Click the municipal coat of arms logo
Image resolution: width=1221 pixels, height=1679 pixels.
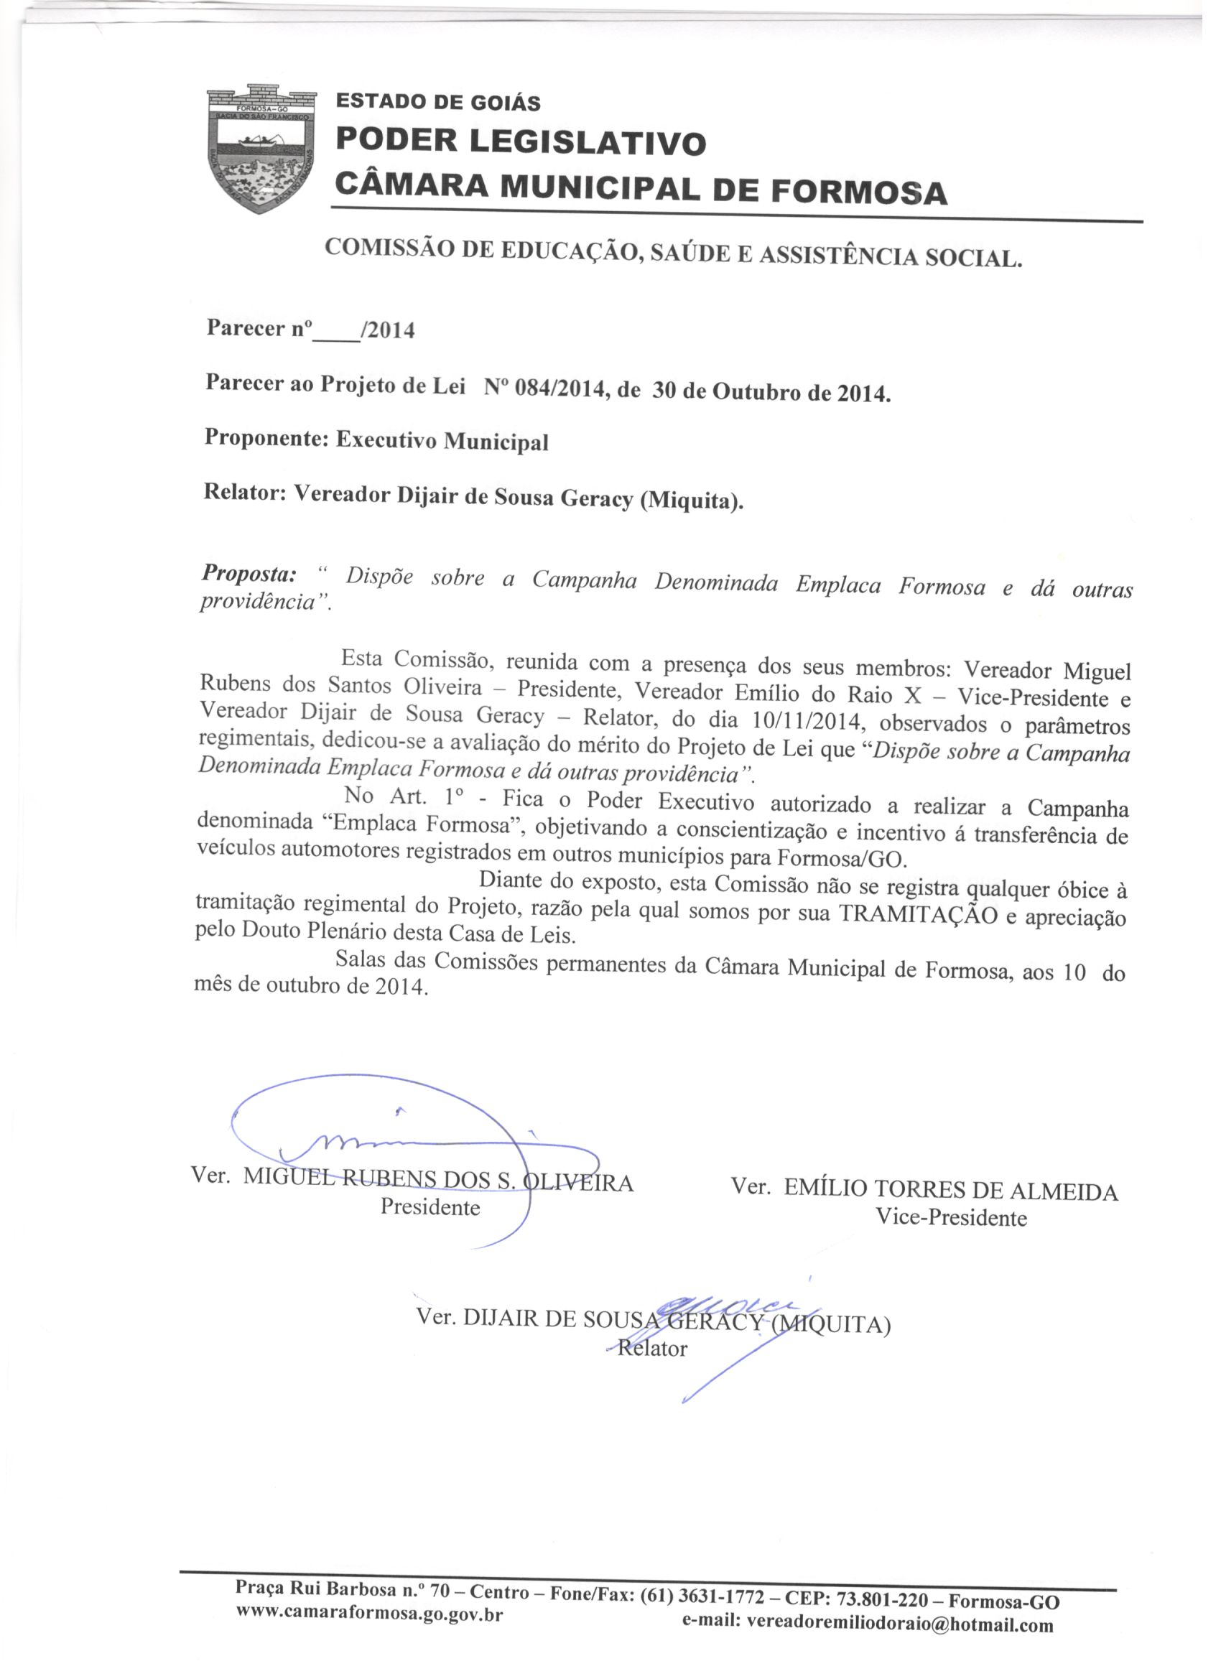pos(261,149)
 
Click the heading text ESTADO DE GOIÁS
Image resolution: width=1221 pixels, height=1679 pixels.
pos(438,102)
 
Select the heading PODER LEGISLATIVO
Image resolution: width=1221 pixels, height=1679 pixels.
pos(521,142)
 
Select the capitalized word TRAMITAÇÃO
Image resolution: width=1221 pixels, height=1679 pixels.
pos(917,915)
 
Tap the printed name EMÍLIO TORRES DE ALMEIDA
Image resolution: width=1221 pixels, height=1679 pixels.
pos(951,1191)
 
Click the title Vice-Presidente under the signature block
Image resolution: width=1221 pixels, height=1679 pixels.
pos(951,1218)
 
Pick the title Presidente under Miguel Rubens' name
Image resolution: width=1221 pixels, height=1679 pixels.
pos(430,1207)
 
